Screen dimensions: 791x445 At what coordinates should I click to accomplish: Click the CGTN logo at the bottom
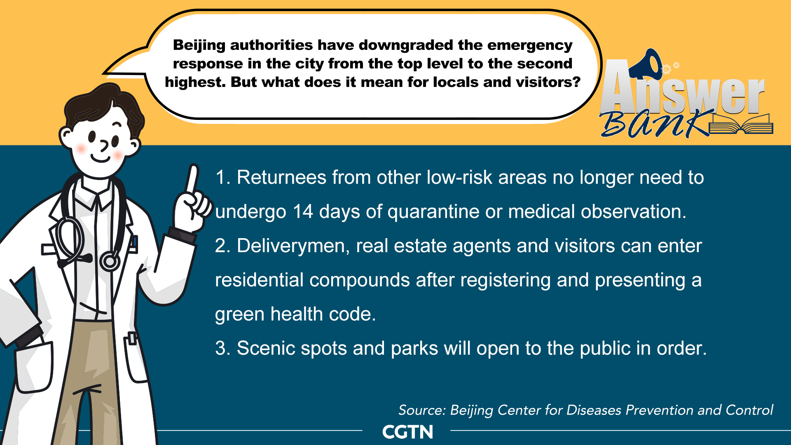[x=407, y=432]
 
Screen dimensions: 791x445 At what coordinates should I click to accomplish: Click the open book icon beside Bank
[x=741, y=125]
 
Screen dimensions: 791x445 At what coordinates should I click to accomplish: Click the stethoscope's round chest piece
[x=110, y=261]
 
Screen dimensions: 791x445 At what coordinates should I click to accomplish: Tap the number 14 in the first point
[x=303, y=212]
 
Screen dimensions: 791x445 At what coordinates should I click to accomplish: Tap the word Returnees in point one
[x=282, y=178]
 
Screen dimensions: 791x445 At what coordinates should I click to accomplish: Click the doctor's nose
[x=104, y=145]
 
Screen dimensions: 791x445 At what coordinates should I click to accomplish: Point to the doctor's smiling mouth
[x=101, y=158]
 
